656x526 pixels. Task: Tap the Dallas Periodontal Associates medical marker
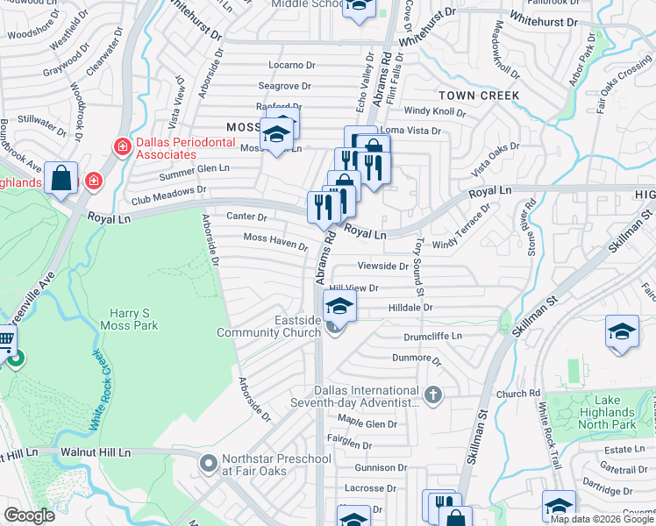[x=123, y=146]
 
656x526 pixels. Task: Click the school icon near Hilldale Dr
[x=339, y=305]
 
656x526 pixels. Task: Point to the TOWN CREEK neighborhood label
[x=479, y=95]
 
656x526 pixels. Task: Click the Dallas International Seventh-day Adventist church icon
[x=431, y=395]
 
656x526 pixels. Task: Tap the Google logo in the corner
[x=30, y=515]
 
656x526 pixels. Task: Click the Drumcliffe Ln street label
[x=432, y=336]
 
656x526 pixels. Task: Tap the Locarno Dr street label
[x=292, y=65]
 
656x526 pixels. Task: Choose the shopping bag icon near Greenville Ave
[x=62, y=179]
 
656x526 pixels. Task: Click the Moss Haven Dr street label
[x=275, y=239]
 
